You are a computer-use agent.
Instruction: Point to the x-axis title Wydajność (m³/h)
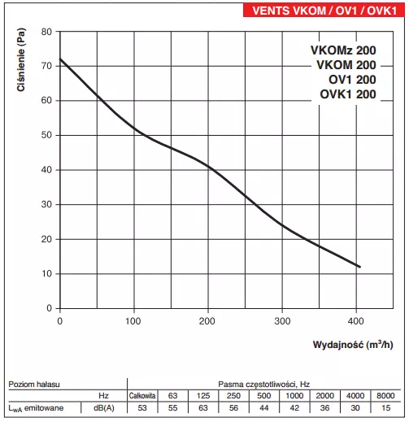point(352,344)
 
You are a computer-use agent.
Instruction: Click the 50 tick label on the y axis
point(46,135)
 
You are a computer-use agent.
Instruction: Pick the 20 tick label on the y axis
point(46,239)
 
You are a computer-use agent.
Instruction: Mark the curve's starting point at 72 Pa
point(60,59)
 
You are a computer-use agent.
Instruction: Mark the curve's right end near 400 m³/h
point(359,267)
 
